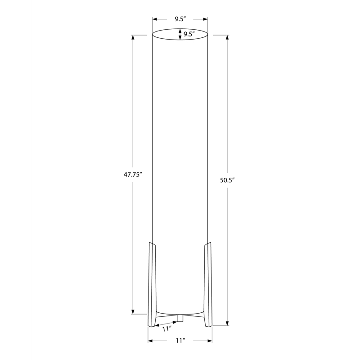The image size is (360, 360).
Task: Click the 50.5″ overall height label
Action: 227,180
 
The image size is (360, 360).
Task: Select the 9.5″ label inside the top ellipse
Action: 189,34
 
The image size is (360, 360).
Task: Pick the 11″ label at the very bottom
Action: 181,341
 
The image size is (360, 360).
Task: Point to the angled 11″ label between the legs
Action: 167,329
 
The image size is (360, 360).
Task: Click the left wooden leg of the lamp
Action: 152,284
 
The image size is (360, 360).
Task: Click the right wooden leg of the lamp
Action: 208,284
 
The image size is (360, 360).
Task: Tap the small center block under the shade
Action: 180,318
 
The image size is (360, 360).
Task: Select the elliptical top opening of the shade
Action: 180,29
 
